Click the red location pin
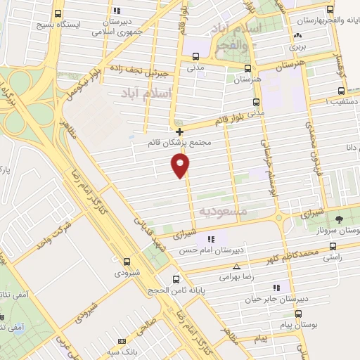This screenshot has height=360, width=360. point(181,165)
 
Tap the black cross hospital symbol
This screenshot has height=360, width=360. point(180,131)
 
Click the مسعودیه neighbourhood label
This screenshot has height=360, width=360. point(223,210)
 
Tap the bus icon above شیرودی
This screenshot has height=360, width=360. point(127,261)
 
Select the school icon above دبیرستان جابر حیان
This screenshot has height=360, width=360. point(276,288)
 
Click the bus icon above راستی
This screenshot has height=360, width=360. point(333,247)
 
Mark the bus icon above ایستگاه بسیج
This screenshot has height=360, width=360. point(58,13)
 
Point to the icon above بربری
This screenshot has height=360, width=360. point(298,35)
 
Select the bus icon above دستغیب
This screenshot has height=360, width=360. point(342,91)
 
